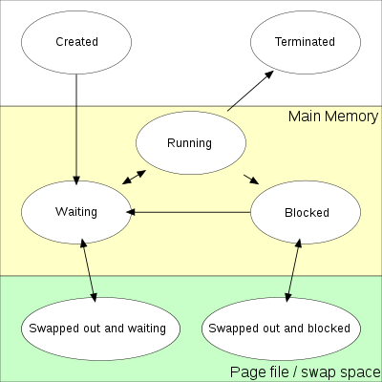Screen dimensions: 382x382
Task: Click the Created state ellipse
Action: pos(76,42)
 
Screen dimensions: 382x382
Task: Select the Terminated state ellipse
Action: pos(306,42)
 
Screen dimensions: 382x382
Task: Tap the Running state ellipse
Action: pos(191,142)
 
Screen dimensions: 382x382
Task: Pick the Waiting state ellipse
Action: pos(76,212)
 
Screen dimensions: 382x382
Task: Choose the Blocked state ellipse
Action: pos(306,212)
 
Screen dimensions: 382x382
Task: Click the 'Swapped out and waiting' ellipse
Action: pos(100,329)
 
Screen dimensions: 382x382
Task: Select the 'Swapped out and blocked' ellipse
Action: pos(281,329)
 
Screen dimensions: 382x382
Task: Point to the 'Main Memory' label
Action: pos(333,117)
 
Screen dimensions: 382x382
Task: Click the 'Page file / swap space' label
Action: pos(306,371)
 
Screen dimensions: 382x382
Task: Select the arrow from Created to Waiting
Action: pos(76,130)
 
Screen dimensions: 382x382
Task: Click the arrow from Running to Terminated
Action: pos(250,91)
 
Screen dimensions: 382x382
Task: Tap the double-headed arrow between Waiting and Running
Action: pos(134,178)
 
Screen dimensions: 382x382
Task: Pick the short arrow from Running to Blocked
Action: pos(251,180)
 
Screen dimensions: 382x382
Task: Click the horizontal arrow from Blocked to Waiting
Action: pos(188,212)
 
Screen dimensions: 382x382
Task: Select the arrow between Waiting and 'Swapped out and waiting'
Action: pos(89,270)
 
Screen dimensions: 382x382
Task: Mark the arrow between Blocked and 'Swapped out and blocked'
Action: pos(293,270)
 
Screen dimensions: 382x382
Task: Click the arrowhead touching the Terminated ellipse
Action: pos(269,74)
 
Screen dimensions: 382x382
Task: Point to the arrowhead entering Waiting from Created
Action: pos(76,180)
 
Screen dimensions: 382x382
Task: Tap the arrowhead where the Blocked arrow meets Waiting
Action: pos(131,212)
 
